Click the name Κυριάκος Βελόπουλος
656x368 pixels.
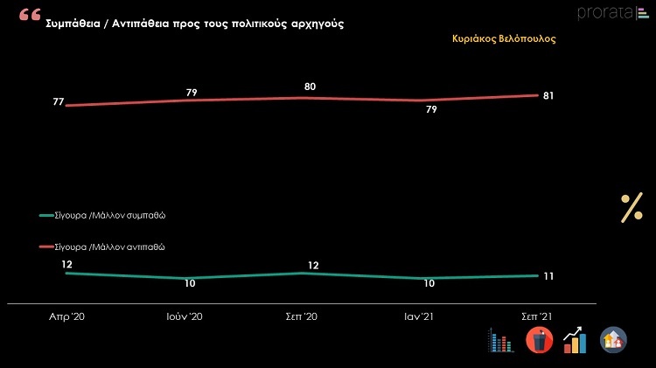504,39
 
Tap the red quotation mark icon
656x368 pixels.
30,16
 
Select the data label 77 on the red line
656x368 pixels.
58,102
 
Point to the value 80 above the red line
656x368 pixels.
310,86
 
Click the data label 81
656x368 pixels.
548,95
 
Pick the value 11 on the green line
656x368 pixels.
548,276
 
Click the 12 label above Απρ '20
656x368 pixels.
66,263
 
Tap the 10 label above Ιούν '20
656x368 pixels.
191,284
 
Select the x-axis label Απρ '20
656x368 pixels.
66,316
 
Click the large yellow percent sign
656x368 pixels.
632,209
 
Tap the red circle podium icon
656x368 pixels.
539,339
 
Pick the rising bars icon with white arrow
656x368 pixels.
575,339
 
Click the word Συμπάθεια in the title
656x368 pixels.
75,24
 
